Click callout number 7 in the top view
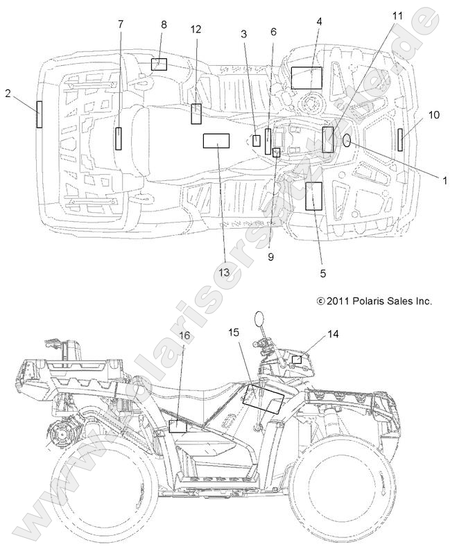pyautogui.click(x=121, y=24)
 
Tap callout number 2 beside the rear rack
pyautogui.click(x=8, y=93)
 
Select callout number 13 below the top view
pyautogui.click(x=225, y=273)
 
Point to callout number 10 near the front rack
pyautogui.click(x=433, y=115)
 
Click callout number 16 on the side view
pyautogui.click(x=184, y=335)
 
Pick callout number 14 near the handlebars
pyautogui.click(x=333, y=334)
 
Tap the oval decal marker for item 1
pyautogui.click(x=347, y=141)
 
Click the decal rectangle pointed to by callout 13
pyautogui.click(x=216, y=141)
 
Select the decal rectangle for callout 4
pyautogui.click(x=306, y=77)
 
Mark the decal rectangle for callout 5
pyautogui.click(x=314, y=195)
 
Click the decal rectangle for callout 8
pyautogui.click(x=159, y=64)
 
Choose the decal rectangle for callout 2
pyautogui.click(x=40, y=114)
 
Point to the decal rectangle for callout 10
pyautogui.click(x=401, y=139)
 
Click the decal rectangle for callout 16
pyautogui.click(x=178, y=426)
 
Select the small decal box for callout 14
pyautogui.click(x=296, y=359)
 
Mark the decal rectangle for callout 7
pyautogui.click(x=119, y=139)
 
